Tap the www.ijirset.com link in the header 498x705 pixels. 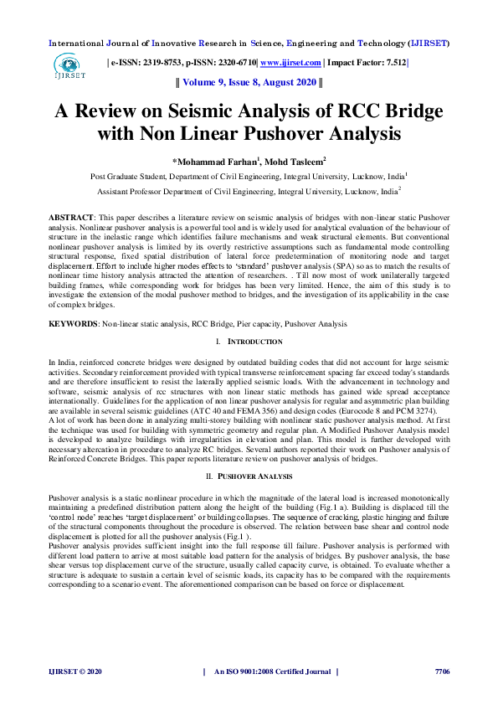291,63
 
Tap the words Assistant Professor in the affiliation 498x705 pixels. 134,191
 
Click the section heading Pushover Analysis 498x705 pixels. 255,476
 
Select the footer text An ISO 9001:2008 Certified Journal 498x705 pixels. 273,672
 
